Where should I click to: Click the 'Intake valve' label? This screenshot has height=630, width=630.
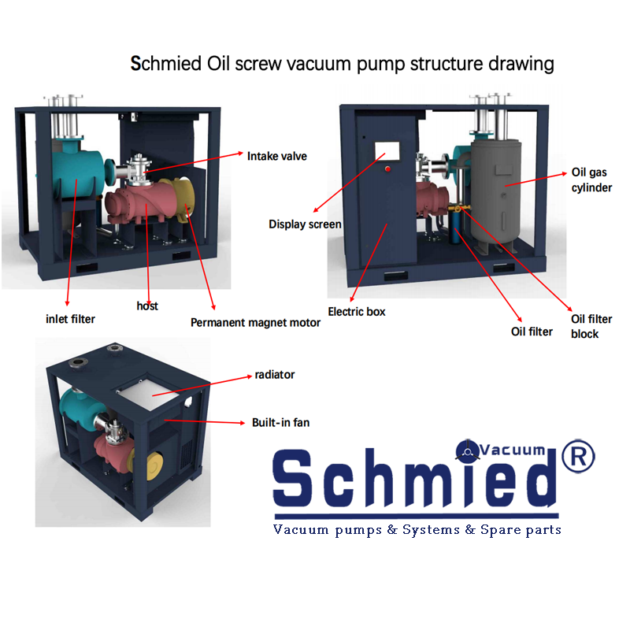[x=277, y=156]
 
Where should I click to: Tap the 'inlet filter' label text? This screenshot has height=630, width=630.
[x=70, y=319]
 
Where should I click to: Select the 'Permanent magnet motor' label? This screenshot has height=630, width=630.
[x=255, y=323]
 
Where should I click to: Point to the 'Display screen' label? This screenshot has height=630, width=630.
[x=305, y=224]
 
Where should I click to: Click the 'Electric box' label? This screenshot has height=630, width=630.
[x=357, y=312]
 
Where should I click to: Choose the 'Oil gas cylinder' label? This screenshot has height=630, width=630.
[x=591, y=180]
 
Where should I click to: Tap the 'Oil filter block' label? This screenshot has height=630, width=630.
[x=591, y=326]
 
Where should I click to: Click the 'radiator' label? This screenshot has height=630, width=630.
[x=275, y=375]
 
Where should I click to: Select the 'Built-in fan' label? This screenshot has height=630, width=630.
[x=281, y=423]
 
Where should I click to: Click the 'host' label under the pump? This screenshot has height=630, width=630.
[x=147, y=306]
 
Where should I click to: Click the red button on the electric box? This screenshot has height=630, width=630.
[x=387, y=169]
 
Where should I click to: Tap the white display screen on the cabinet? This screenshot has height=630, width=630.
[x=387, y=150]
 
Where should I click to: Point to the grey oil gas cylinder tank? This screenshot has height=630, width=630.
[x=496, y=191]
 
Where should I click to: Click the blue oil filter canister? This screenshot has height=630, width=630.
[x=455, y=226]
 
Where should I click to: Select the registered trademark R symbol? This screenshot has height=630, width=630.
[x=578, y=456]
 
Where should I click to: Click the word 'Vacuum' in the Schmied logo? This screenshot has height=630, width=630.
[x=513, y=450]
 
